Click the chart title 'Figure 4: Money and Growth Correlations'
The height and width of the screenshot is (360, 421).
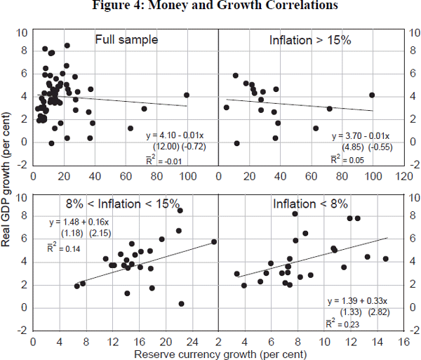click(210, 8)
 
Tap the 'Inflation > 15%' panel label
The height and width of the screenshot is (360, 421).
click(310, 40)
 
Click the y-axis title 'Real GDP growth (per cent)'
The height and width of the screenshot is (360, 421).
click(8, 181)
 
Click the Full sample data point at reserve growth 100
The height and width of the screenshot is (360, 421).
click(187, 95)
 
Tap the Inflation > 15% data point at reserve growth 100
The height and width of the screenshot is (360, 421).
click(372, 95)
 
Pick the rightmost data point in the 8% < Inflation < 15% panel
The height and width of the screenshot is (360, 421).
click(214, 242)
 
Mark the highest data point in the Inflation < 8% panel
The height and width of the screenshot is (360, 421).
click(295, 213)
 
